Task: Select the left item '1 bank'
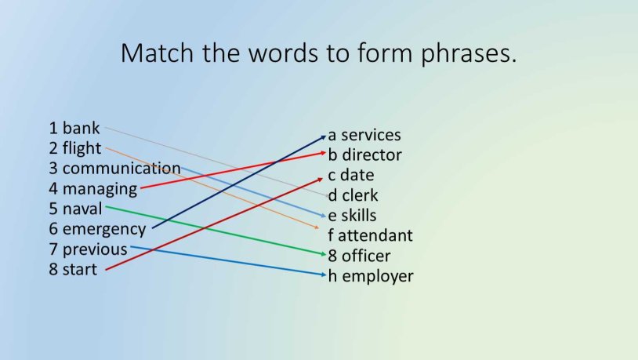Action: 74,128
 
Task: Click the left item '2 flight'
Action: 75,148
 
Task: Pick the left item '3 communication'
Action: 114,169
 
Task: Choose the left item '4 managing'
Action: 93,189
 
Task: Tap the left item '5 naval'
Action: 76,209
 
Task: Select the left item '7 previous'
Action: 88,250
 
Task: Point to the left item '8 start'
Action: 73,271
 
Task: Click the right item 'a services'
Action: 364,135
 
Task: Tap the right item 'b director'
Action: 364,155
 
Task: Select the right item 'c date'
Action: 351,175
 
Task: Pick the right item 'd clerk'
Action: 352,195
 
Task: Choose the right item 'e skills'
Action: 353,216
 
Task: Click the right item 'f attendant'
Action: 371,235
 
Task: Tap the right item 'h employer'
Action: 371,276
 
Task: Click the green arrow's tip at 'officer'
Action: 324,254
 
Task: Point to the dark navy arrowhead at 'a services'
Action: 324,136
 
